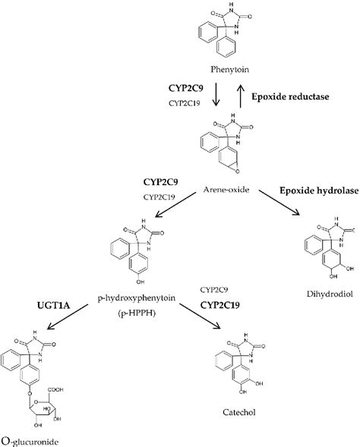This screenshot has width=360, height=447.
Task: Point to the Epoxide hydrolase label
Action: point(317,188)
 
